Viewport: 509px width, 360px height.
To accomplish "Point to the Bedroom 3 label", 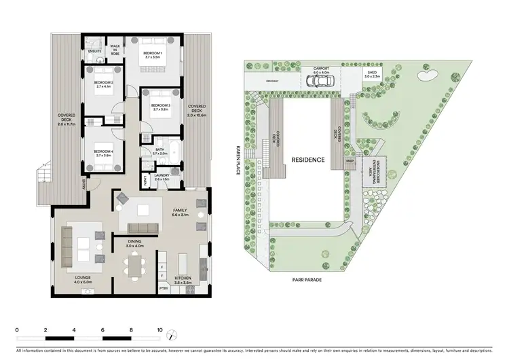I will pos(160,107).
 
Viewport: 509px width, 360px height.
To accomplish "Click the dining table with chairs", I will pos(133,263).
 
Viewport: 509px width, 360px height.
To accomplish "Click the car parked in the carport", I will pos(319,81).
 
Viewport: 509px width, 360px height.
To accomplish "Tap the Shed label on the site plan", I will pos(372,73).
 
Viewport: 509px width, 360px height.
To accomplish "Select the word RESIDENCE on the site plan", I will pos(307,160).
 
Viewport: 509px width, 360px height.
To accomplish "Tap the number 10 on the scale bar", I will pos(160,329).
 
